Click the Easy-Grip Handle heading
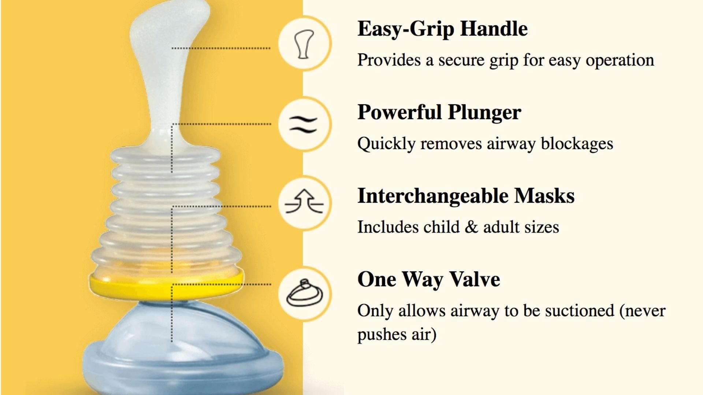(442, 29)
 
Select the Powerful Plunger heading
(439, 113)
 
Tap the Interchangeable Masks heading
(466, 196)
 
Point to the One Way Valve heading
(428, 279)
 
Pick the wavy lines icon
(304, 125)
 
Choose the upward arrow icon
(304, 202)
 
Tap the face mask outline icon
(304, 293)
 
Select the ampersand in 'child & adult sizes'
(471, 227)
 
